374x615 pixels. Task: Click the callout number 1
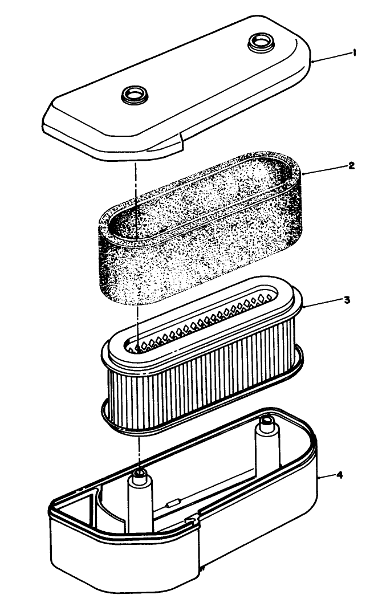[x=354, y=53]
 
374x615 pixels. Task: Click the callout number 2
[x=352, y=166]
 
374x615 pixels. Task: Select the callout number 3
[x=347, y=300]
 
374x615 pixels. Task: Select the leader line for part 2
[x=327, y=169]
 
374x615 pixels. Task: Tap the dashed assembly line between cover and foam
[x=136, y=188]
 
